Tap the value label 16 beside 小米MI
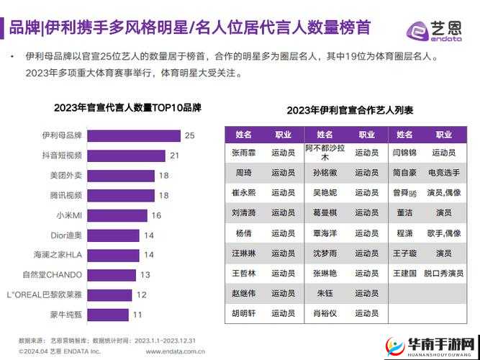(x=155, y=215)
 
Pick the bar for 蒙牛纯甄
(x=109, y=314)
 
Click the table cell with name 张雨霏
(x=244, y=153)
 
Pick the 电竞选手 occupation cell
(x=443, y=173)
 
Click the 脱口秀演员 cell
(x=443, y=274)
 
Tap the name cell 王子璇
(x=405, y=253)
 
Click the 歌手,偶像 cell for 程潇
(x=443, y=233)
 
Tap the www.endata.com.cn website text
(x=177, y=351)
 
